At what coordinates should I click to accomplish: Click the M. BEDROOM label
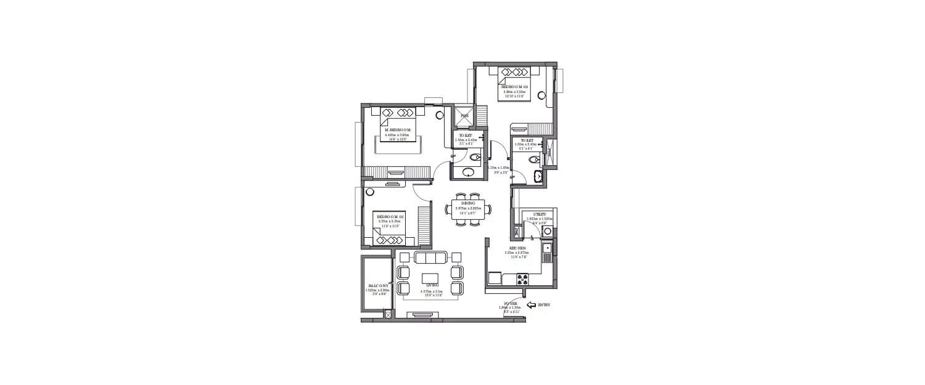(397, 130)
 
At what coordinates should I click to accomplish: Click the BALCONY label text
(376, 286)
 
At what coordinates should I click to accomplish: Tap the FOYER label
(511, 302)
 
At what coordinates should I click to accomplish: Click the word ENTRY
(544, 304)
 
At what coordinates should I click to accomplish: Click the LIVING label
(431, 285)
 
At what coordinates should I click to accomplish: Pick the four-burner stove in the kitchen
(523, 279)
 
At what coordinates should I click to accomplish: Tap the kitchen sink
(546, 249)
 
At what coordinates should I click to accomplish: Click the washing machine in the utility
(546, 232)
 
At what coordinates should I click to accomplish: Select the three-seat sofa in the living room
(431, 257)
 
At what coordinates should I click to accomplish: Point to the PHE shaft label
(464, 115)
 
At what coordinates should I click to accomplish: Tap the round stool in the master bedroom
(440, 115)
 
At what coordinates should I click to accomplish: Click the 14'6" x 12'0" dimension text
(397, 140)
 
